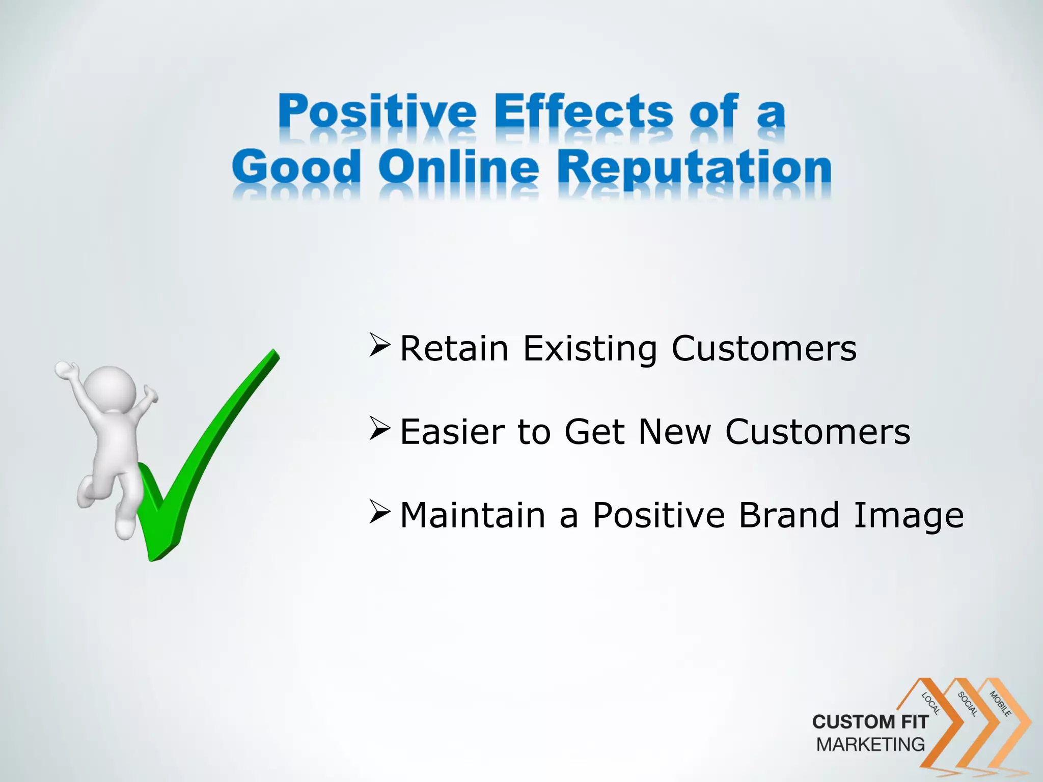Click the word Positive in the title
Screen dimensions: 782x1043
(377, 112)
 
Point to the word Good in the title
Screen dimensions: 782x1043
(296, 168)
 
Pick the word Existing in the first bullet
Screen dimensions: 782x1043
(590, 350)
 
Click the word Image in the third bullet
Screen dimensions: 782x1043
(909, 516)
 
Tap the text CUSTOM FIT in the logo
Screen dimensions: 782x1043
(870, 722)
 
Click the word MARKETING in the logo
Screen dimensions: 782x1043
(870, 744)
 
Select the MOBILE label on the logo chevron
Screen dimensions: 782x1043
(1000, 704)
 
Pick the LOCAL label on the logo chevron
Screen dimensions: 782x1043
(931, 704)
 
